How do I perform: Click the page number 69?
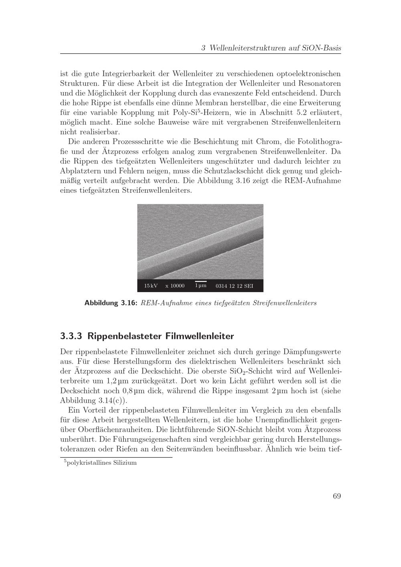(x=336, y=496)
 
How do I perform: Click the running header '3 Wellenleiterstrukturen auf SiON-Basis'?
(x=271, y=48)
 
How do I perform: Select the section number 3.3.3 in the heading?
(x=71, y=335)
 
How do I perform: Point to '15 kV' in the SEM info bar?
(x=151, y=286)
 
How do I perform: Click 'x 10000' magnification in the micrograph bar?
(x=175, y=286)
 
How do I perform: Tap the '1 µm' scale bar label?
(x=200, y=285)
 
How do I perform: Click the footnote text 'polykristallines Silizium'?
(x=102, y=463)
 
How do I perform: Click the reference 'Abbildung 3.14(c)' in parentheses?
(x=91, y=400)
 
